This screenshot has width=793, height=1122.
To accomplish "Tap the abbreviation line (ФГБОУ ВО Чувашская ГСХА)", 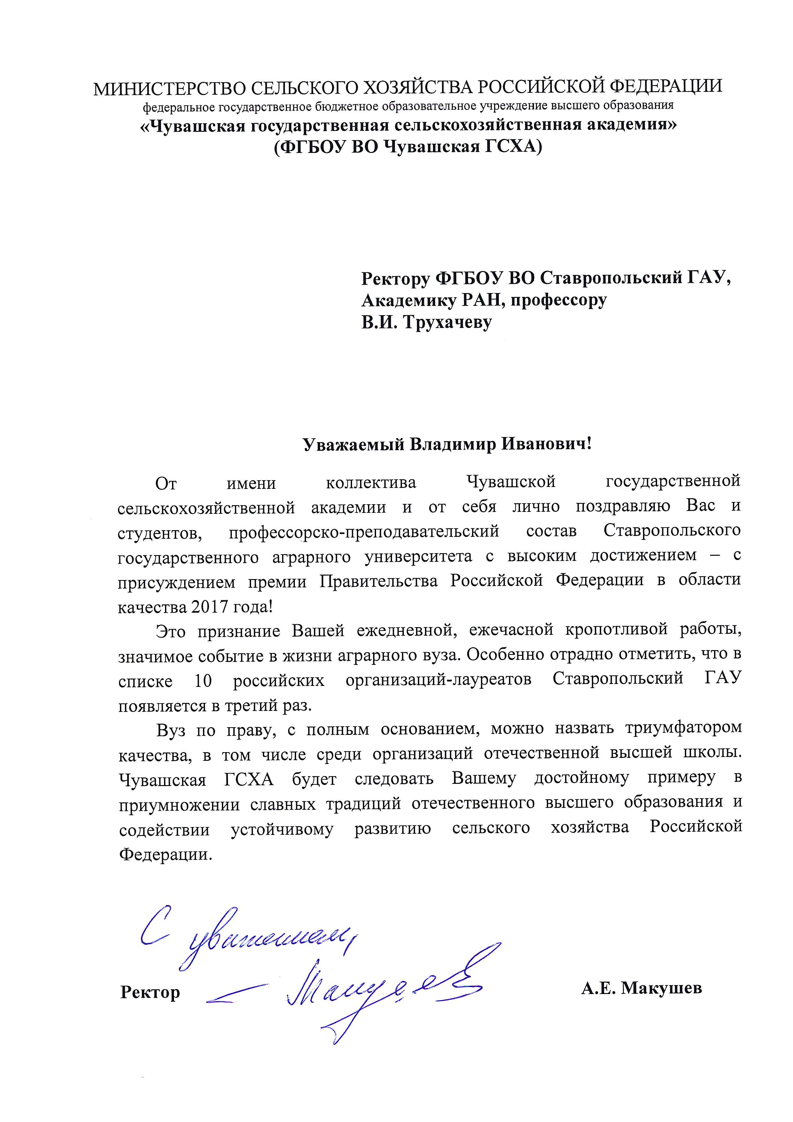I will pos(408,147).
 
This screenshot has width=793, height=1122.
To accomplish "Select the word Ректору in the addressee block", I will pos(395,279).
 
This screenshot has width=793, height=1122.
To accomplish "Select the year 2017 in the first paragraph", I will pos(210,607).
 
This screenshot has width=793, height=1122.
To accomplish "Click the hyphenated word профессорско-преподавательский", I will pos(364,531).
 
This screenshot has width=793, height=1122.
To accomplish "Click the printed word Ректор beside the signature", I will pos(150,992).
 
